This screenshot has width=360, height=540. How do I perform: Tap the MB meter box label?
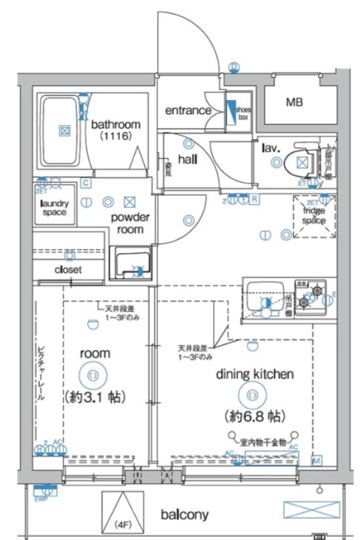tap(293, 103)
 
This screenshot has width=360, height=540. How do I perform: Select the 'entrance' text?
tap(188, 110)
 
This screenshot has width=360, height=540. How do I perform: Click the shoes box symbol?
tap(236, 111)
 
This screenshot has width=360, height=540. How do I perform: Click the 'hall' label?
tap(187, 159)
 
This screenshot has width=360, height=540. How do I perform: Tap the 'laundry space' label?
tap(53, 208)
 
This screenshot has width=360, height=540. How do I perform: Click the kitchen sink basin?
tap(263, 301)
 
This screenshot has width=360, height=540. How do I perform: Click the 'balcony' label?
tap(185, 515)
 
